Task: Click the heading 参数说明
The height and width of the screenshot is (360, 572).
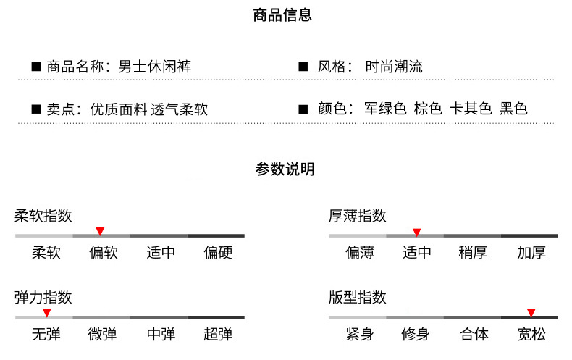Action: pyautogui.click(x=285, y=169)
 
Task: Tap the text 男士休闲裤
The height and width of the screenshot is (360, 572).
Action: pyautogui.click(x=154, y=67)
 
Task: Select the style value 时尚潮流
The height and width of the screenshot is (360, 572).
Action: pyautogui.click(x=394, y=67)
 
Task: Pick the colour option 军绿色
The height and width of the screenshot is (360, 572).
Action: pyautogui.click(x=385, y=109)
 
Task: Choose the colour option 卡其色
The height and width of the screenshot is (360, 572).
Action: pyautogui.click(x=471, y=109)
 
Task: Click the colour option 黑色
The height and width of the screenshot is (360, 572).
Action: pyautogui.click(x=514, y=109)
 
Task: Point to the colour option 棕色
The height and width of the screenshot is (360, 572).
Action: pyautogui.click(x=428, y=109)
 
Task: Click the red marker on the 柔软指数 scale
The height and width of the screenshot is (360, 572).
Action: pyautogui.click(x=100, y=231)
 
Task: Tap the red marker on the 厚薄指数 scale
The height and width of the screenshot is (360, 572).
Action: pyautogui.click(x=416, y=232)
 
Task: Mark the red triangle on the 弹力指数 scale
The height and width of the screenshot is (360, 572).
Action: pyautogui.click(x=46, y=313)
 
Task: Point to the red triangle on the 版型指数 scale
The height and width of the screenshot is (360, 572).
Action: pyautogui.click(x=531, y=313)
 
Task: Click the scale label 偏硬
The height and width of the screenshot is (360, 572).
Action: pyautogui.click(x=218, y=253)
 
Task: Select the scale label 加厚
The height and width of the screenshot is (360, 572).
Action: pyautogui.click(x=531, y=253)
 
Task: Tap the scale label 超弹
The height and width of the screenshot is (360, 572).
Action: pyautogui.click(x=218, y=334)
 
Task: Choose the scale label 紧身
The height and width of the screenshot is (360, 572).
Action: pyautogui.click(x=359, y=334)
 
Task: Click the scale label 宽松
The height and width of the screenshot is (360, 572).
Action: pyautogui.click(x=531, y=334)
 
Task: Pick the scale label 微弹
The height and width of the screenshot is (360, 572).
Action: pyautogui.click(x=102, y=334)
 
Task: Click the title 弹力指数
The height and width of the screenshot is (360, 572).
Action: pyautogui.click(x=43, y=298)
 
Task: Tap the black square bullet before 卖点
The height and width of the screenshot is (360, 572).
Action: pyautogui.click(x=35, y=109)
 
